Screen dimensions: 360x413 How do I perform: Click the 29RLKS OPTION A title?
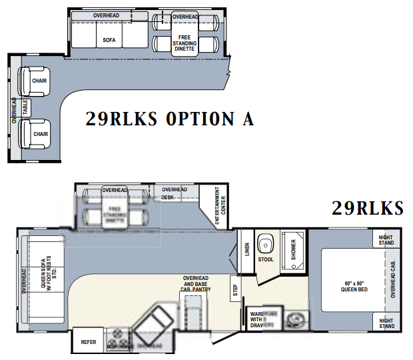pyautogui.click(x=170, y=119)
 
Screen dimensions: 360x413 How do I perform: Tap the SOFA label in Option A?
pyautogui.click(x=109, y=40)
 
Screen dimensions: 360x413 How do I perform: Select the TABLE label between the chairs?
pyautogui.click(x=25, y=107)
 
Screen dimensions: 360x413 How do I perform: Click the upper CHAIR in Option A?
pyautogui.click(x=39, y=81)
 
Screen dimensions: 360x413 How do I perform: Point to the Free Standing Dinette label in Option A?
pyautogui.click(x=185, y=40)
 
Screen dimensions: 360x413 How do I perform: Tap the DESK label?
pyautogui.click(x=167, y=197)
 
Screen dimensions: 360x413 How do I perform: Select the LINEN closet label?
pyautogui.click(x=246, y=249)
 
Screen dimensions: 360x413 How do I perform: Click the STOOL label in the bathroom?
pyautogui.click(x=266, y=259)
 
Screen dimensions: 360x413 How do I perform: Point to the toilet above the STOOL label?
pyautogui.click(x=266, y=242)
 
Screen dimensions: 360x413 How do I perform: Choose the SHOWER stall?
pyautogui.click(x=293, y=252)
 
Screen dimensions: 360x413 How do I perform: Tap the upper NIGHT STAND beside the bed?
pyautogui.click(x=386, y=240)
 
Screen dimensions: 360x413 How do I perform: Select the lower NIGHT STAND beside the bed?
pyautogui.click(x=386, y=323)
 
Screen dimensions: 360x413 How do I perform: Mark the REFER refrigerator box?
pyautogui.click(x=89, y=342)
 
